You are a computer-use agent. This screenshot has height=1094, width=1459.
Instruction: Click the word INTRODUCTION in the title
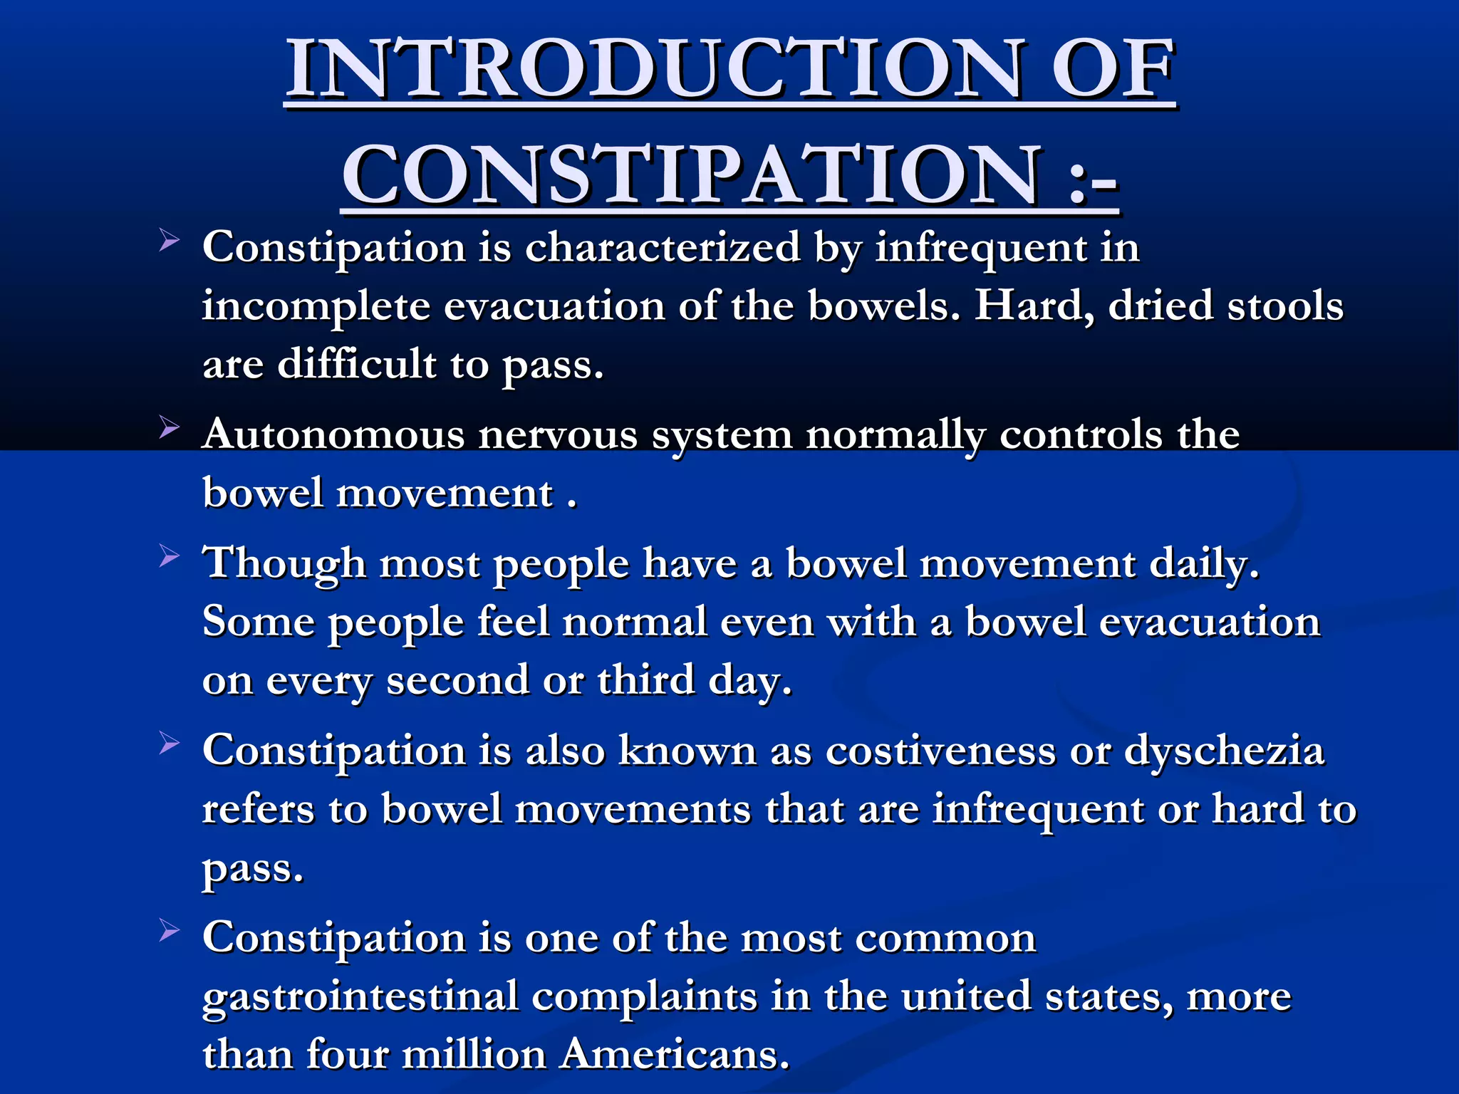655,69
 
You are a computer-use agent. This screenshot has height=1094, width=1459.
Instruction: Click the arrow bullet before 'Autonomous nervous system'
169,428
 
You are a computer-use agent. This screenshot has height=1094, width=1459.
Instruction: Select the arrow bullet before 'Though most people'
169,556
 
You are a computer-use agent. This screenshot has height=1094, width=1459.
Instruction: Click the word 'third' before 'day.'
645,679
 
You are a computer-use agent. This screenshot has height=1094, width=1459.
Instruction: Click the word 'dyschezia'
1224,751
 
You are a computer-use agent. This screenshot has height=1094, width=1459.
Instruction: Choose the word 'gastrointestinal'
360,996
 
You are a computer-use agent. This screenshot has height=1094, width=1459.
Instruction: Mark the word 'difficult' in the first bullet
356,364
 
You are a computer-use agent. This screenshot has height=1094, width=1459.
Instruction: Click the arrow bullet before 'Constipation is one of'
169,930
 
